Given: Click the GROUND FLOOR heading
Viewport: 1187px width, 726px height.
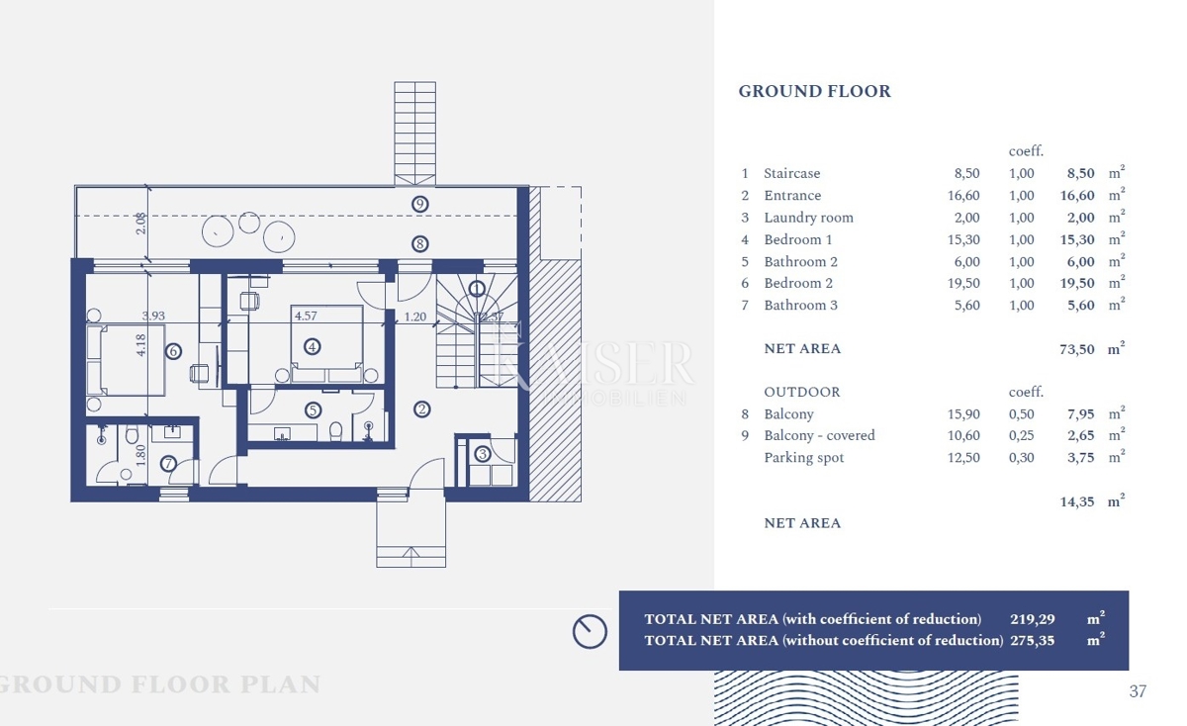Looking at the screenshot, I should tap(814, 91).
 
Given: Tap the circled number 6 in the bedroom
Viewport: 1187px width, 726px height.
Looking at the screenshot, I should tap(173, 351).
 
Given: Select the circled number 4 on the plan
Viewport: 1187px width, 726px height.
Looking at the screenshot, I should tap(313, 347).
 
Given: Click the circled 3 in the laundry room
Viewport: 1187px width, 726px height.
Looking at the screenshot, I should tap(482, 454).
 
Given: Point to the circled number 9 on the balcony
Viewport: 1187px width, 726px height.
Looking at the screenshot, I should tap(420, 204).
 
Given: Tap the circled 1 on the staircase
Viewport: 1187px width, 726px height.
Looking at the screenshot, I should tap(477, 289).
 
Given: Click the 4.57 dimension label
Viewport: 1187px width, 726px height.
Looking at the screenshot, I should tap(306, 317).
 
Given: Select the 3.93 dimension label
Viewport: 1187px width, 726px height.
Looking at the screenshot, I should tap(152, 317).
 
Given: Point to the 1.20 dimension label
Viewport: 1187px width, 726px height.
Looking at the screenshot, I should tap(415, 318).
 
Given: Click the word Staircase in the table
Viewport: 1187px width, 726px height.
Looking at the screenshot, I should tap(791, 173).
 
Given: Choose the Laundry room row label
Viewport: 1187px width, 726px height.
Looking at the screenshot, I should tap(808, 218).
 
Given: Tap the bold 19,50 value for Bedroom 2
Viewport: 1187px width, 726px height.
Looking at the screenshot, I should tap(1077, 283).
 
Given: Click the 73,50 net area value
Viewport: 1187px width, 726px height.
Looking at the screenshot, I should tap(1077, 349).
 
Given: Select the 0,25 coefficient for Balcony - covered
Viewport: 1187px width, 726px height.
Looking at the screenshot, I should tap(1022, 435).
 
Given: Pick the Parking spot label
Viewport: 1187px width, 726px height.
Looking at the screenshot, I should tap(803, 458).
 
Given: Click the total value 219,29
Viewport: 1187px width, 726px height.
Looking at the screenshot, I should tap(1032, 619).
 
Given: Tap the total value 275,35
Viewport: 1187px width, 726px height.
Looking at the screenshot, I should tap(1032, 640).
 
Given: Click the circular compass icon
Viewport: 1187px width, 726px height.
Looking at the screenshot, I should tap(590, 631).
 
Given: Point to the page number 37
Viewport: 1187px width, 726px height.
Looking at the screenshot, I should tap(1138, 691).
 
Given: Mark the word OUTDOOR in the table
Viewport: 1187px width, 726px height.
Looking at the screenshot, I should tap(801, 393).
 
